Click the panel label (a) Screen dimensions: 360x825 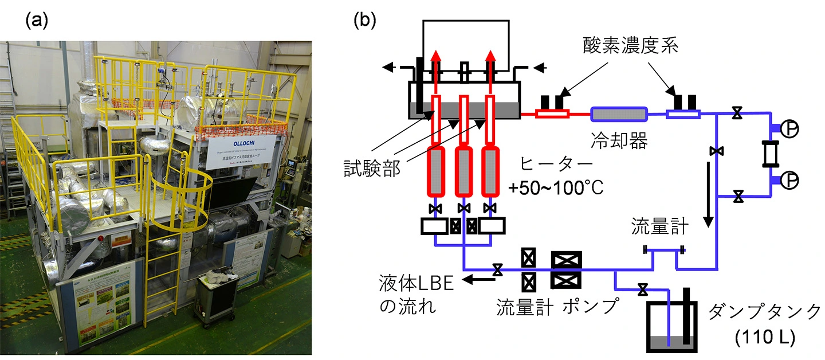click(37, 21)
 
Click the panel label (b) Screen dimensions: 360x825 click(366, 21)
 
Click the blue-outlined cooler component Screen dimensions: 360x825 click(619, 114)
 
